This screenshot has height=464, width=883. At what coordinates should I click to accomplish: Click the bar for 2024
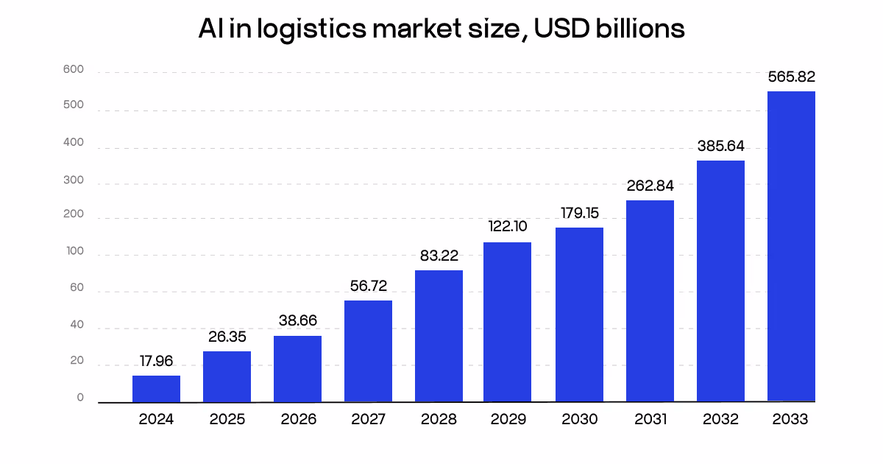pos(156,389)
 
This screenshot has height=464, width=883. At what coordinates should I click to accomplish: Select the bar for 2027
pos(368,351)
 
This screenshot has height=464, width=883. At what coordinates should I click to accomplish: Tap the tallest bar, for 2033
pos(791,246)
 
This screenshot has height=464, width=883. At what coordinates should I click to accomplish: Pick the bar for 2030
pos(579,314)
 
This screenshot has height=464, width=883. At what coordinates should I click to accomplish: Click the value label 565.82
pos(791,77)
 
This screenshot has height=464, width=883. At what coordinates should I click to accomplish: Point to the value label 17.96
pos(156,362)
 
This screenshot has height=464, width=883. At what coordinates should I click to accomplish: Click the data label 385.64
pos(720,146)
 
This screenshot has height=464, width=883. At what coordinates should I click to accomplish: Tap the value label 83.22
pos(439,256)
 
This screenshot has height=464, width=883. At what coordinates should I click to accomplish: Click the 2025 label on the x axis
pos(227,419)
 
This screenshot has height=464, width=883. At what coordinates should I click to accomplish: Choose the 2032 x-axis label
pos(720,419)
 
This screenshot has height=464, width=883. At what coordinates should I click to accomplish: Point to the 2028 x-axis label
pos(439,419)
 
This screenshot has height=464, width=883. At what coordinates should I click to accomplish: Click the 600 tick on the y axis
pos(74,70)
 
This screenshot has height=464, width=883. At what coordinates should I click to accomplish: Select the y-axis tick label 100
pos(74,252)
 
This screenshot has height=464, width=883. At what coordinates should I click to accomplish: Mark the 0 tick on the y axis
pos(80,398)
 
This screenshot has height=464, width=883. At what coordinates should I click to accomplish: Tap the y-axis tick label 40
pos(77,325)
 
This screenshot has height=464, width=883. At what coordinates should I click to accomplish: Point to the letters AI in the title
pos(209,29)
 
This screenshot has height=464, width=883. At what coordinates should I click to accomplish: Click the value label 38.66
pos(297,321)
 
